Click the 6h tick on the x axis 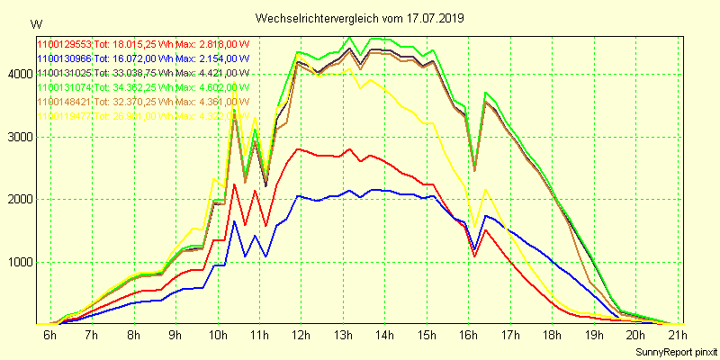[50, 335]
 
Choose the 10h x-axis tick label [218, 335]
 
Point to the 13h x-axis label [344, 335]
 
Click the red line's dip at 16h [474, 256]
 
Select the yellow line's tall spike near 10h [235, 85]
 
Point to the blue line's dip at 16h [474, 250]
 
